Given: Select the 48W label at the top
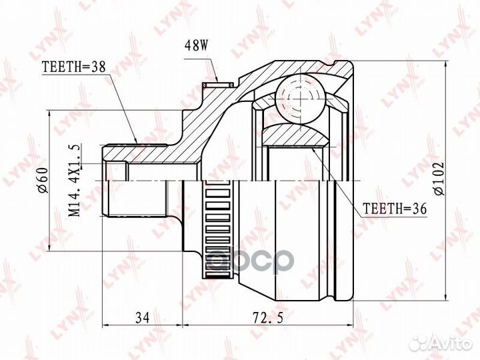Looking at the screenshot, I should coord(199,47).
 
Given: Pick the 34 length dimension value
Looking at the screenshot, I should coord(142,317).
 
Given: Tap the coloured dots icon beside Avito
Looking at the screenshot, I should coord(418,343).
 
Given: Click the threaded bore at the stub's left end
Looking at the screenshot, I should coord(115,171).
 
